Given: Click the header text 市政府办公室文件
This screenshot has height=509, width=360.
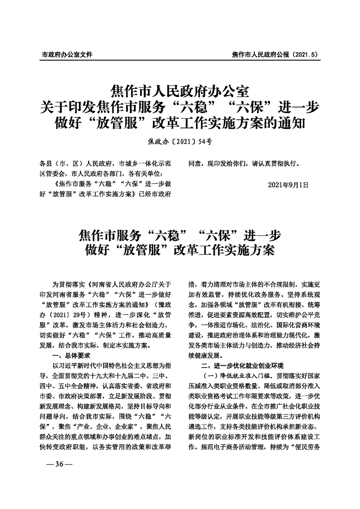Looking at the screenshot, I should [67, 54].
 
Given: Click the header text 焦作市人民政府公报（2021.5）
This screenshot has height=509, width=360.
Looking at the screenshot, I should [274, 54].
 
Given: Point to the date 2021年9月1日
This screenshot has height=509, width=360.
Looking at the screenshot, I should [288, 185].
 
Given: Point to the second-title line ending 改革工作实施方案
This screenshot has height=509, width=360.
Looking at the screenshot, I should [180, 250].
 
